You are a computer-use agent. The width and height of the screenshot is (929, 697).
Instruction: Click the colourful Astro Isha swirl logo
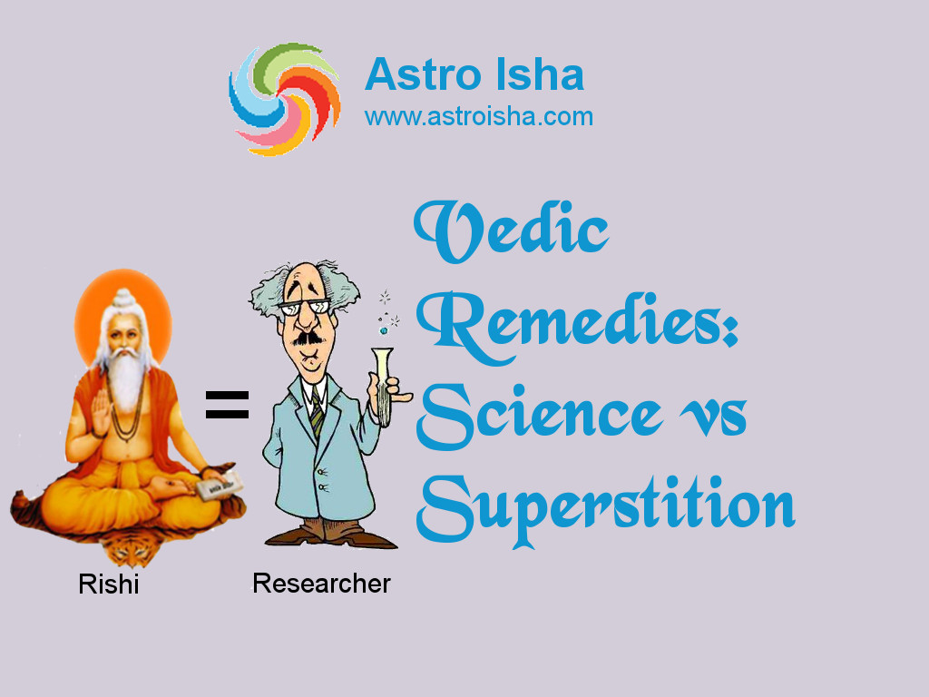(x=285, y=99)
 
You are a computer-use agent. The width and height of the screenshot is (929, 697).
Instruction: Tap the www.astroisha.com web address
(x=479, y=116)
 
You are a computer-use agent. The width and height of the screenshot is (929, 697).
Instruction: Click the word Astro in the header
(x=423, y=74)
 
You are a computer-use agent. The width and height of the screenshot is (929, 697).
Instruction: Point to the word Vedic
(x=512, y=231)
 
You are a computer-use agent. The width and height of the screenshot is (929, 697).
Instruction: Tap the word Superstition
(x=605, y=510)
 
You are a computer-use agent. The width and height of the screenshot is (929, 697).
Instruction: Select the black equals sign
(x=227, y=405)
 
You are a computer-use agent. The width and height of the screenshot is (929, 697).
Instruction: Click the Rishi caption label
(x=109, y=584)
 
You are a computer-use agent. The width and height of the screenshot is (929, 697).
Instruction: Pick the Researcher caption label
(x=321, y=584)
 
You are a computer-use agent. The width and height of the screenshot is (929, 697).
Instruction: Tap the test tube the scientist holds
(x=383, y=386)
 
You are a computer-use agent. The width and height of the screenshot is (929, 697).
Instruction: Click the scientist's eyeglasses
(x=305, y=307)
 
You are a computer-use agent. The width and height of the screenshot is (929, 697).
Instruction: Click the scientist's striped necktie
(x=317, y=413)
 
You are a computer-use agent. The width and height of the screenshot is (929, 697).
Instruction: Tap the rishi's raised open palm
(x=100, y=411)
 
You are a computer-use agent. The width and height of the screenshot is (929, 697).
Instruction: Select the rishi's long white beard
(x=126, y=380)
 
